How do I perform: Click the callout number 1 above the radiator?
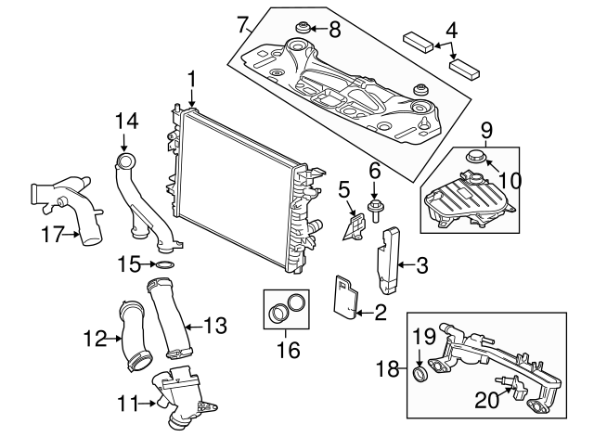point(192,81)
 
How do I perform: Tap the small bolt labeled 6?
point(374,212)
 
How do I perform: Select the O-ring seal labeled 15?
point(165,264)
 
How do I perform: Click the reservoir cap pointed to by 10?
point(473,156)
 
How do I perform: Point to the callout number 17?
point(52,235)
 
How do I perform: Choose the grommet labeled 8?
point(303,29)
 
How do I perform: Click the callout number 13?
point(215,326)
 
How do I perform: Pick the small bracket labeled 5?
point(355,228)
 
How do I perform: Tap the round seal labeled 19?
point(420,373)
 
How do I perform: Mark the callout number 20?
point(487,400)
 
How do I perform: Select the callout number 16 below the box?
point(289,349)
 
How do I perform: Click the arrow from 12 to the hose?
point(114,338)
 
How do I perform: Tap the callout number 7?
point(243,24)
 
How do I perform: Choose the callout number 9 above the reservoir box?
point(487,131)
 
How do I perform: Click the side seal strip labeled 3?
point(387,260)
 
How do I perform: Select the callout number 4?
point(451,31)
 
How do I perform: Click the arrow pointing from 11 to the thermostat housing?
point(148,404)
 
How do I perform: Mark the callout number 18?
point(388,368)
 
